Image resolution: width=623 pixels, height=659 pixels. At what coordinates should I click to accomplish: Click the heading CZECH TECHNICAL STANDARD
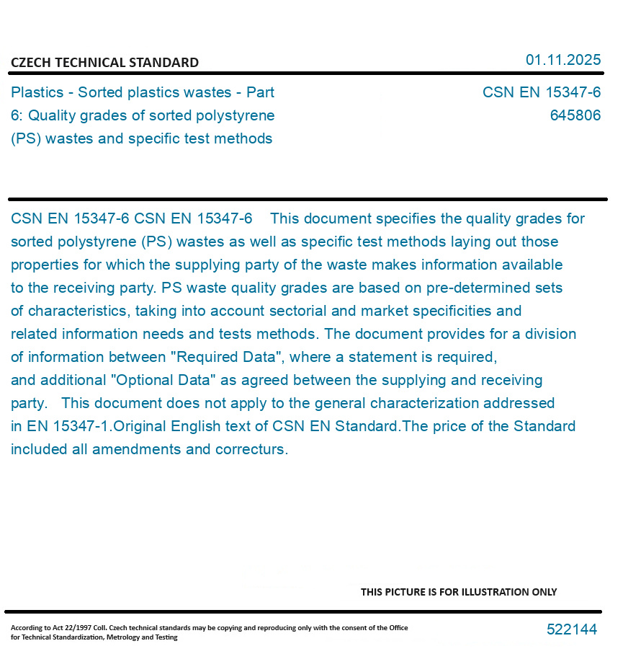point(104,63)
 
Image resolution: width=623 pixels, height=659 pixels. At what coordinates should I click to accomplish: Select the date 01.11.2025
point(563,60)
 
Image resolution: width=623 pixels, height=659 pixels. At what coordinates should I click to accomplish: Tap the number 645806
point(575,115)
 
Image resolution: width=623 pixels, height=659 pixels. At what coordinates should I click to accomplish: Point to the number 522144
point(571,629)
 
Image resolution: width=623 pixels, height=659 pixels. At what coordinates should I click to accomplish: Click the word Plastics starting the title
point(37,92)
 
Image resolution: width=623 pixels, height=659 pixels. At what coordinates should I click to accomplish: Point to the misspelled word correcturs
point(251,449)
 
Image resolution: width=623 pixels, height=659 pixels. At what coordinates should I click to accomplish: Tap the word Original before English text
point(140,426)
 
